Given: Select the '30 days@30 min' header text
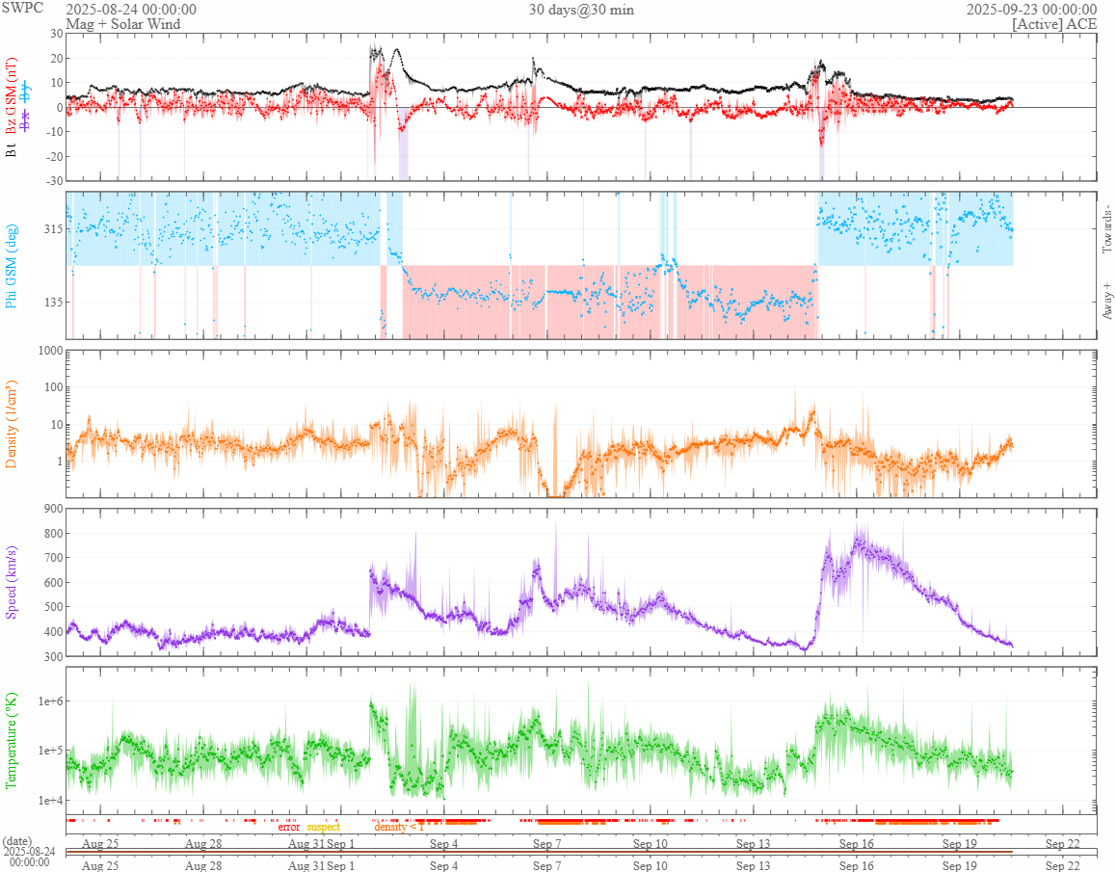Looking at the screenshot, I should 581,10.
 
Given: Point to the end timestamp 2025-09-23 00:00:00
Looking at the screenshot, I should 1030,10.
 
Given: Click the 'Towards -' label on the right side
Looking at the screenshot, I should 1107,229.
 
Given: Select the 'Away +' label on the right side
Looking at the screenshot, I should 1107,301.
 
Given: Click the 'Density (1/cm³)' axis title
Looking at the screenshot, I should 12,423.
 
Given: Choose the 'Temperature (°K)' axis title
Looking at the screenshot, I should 12,740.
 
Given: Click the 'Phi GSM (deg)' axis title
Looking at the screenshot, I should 12,265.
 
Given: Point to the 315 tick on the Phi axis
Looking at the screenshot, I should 51,229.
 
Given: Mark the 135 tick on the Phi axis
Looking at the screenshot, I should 51,302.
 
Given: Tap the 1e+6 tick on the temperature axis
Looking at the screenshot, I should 48,700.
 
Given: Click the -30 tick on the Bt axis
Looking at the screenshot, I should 52,180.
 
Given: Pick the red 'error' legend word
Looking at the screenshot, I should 289,827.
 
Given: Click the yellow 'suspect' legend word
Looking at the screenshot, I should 323,827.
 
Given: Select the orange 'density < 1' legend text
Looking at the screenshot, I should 398,827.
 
